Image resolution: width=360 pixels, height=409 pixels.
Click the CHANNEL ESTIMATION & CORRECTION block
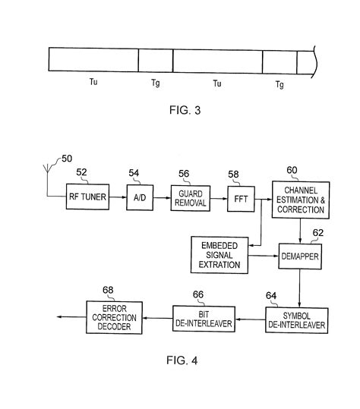(x=302, y=198)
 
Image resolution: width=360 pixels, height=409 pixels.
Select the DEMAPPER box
(x=302, y=256)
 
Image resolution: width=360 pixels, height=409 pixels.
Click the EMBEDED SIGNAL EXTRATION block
(x=220, y=256)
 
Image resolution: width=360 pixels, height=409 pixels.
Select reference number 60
(x=291, y=170)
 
